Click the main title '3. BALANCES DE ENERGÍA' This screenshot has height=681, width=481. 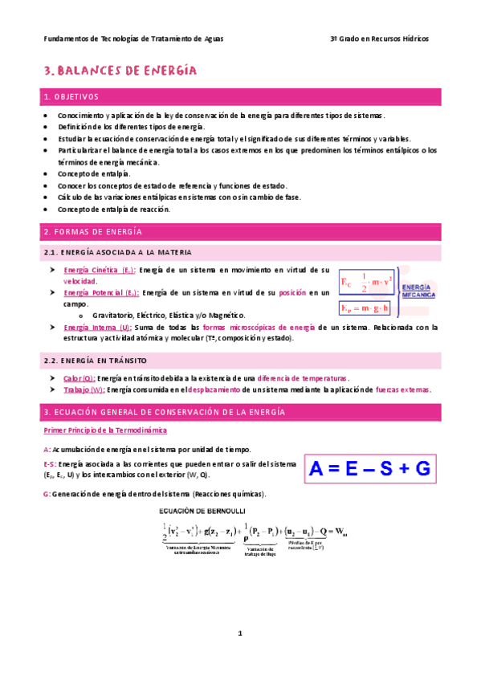tap(120, 71)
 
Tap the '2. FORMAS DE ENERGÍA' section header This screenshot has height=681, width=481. tap(92, 232)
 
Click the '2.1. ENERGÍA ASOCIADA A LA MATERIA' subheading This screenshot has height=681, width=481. tap(117, 252)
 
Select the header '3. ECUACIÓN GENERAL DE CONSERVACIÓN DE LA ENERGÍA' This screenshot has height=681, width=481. tap(165, 412)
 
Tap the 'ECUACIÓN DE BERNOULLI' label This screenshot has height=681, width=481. tap(203, 510)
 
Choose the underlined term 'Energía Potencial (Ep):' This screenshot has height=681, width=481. tap(101, 293)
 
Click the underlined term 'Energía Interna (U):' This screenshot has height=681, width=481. tap(97, 327)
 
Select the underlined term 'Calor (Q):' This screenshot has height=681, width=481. tap(79, 377)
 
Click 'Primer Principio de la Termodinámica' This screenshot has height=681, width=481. tap(100, 431)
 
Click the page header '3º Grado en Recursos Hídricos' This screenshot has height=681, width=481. tap(380, 39)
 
